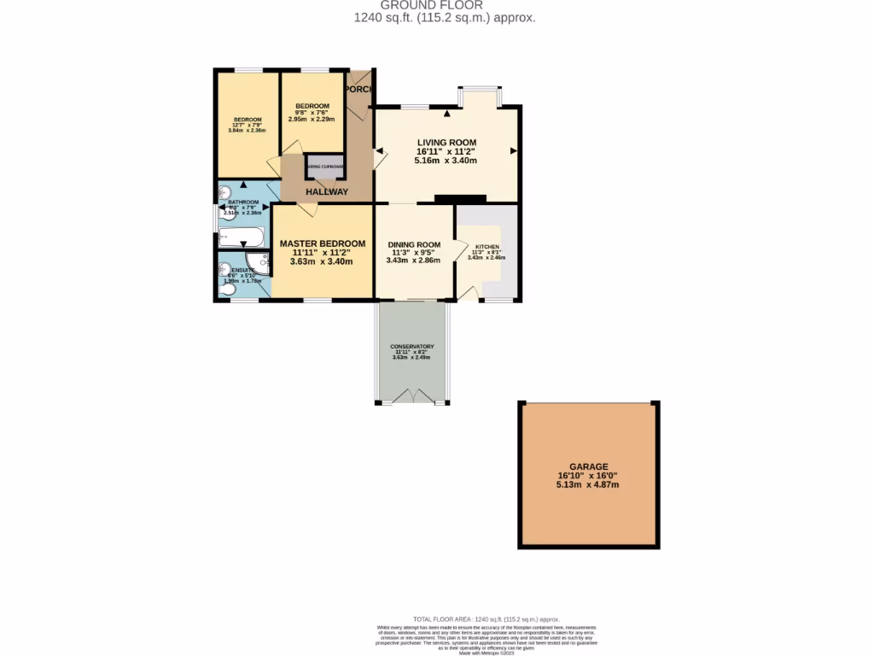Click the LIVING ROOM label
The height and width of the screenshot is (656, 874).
click(446, 142)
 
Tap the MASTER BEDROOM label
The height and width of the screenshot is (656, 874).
click(323, 243)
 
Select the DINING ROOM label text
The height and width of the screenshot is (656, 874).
click(413, 243)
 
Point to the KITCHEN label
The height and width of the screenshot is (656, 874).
click(487, 246)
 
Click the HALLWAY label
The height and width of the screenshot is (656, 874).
click(327, 192)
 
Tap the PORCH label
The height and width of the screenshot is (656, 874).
click(359, 89)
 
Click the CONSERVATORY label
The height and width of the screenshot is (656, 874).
click(412, 346)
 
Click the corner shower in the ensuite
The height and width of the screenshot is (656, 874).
click(257, 264)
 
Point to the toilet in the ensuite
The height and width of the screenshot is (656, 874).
click(226, 290)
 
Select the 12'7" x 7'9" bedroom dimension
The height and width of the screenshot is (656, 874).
click(248, 125)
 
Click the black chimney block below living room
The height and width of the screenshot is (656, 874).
click(459, 199)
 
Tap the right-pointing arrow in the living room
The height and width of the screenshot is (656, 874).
click(514, 151)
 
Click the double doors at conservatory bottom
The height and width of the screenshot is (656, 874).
click(413, 395)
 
